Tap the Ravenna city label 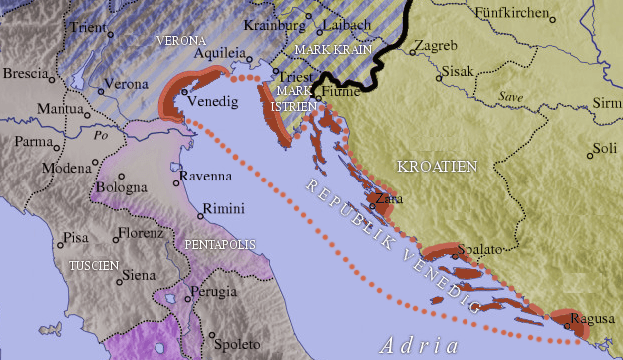[208, 177]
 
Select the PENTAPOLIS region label [220, 244]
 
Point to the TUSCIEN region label [95, 266]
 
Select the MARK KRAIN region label [333, 48]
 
